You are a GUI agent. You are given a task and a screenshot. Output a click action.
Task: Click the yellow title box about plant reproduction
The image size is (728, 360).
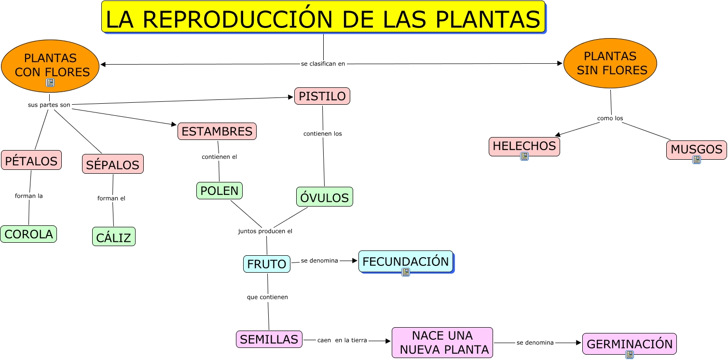pyautogui.click(x=323, y=17)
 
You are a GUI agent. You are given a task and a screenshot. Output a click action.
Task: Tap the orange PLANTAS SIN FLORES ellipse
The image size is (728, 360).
pyautogui.click(x=610, y=63)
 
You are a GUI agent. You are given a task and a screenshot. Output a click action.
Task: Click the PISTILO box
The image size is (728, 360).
pyautogui.click(x=322, y=96)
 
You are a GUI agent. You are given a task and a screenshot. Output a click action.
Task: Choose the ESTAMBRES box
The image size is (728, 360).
pyautogui.click(x=217, y=131)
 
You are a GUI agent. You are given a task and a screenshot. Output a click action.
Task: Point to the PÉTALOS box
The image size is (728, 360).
pyautogui.click(x=31, y=160)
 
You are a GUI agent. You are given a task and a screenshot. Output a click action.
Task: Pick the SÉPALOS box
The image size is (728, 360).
pyautogui.click(x=112, y=165)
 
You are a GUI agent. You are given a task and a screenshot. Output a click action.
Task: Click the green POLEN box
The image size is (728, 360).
pyautogui.click(x=219, y=191)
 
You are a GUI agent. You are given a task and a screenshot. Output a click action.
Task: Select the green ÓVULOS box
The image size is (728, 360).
pyautogui.click(x=324, y=197)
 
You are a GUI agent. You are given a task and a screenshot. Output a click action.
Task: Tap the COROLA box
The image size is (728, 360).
pyautogui.click(x=28, y=234)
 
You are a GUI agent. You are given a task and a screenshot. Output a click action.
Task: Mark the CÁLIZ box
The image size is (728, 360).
pyautogui.click(x=113, y=237)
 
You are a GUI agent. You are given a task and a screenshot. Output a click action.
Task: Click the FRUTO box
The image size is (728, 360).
pyautogui.click(x=266, y=264)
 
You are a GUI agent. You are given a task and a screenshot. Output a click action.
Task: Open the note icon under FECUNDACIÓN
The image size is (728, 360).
pyautogui.click(x=406, y=272)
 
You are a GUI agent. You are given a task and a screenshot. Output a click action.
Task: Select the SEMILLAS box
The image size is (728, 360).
pyautogui.click(x=269, y=339)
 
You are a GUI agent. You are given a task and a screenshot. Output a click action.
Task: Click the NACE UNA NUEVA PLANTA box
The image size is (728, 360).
pyautogui.click(x=442, y=343)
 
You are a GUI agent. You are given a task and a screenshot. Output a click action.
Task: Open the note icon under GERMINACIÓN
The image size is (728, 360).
pyautogui.click(x=629, y=355)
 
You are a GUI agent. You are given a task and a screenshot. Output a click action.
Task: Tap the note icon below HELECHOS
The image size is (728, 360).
pyautogui.click(x=524, y=156)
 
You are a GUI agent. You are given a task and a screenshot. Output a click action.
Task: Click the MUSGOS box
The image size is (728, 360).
pyautogui.click(x=696, y=149)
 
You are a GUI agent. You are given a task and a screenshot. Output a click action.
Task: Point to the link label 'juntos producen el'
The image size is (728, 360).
pyautogui.click(x=265, y=231)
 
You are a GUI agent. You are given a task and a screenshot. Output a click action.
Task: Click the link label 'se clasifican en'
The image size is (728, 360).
pyautogui.click(x=323, y=63)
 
